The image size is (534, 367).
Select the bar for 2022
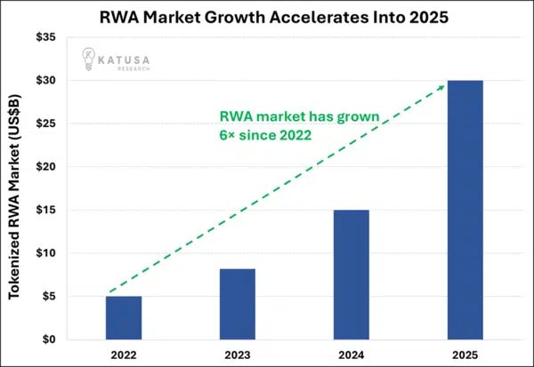(x=124, y=317)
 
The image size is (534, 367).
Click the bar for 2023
(x=237, y=304)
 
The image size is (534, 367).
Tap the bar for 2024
(x=351, y=275)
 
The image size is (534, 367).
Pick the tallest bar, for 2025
(x=464, y=210)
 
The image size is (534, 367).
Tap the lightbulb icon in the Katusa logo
(x=90, y=58)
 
